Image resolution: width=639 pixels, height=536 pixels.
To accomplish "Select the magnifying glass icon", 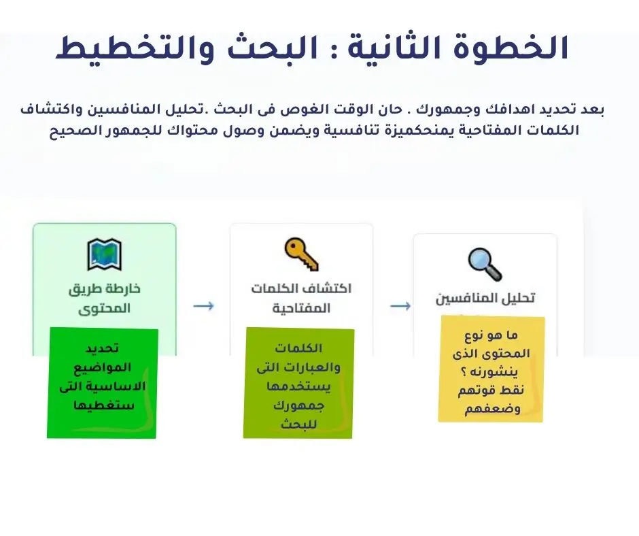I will click(x=485, y=265).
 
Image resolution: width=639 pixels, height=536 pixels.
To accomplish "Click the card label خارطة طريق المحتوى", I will click(x=104, y=299).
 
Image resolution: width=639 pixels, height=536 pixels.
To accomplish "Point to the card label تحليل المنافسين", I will click(x=485, y=299).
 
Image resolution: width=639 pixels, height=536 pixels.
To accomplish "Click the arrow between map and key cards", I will click(x=203, y=306).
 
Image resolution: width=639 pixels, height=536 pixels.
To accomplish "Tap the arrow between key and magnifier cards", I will click(x=400, y=306).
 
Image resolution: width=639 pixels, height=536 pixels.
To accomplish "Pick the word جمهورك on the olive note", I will click(x=299, y=407).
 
